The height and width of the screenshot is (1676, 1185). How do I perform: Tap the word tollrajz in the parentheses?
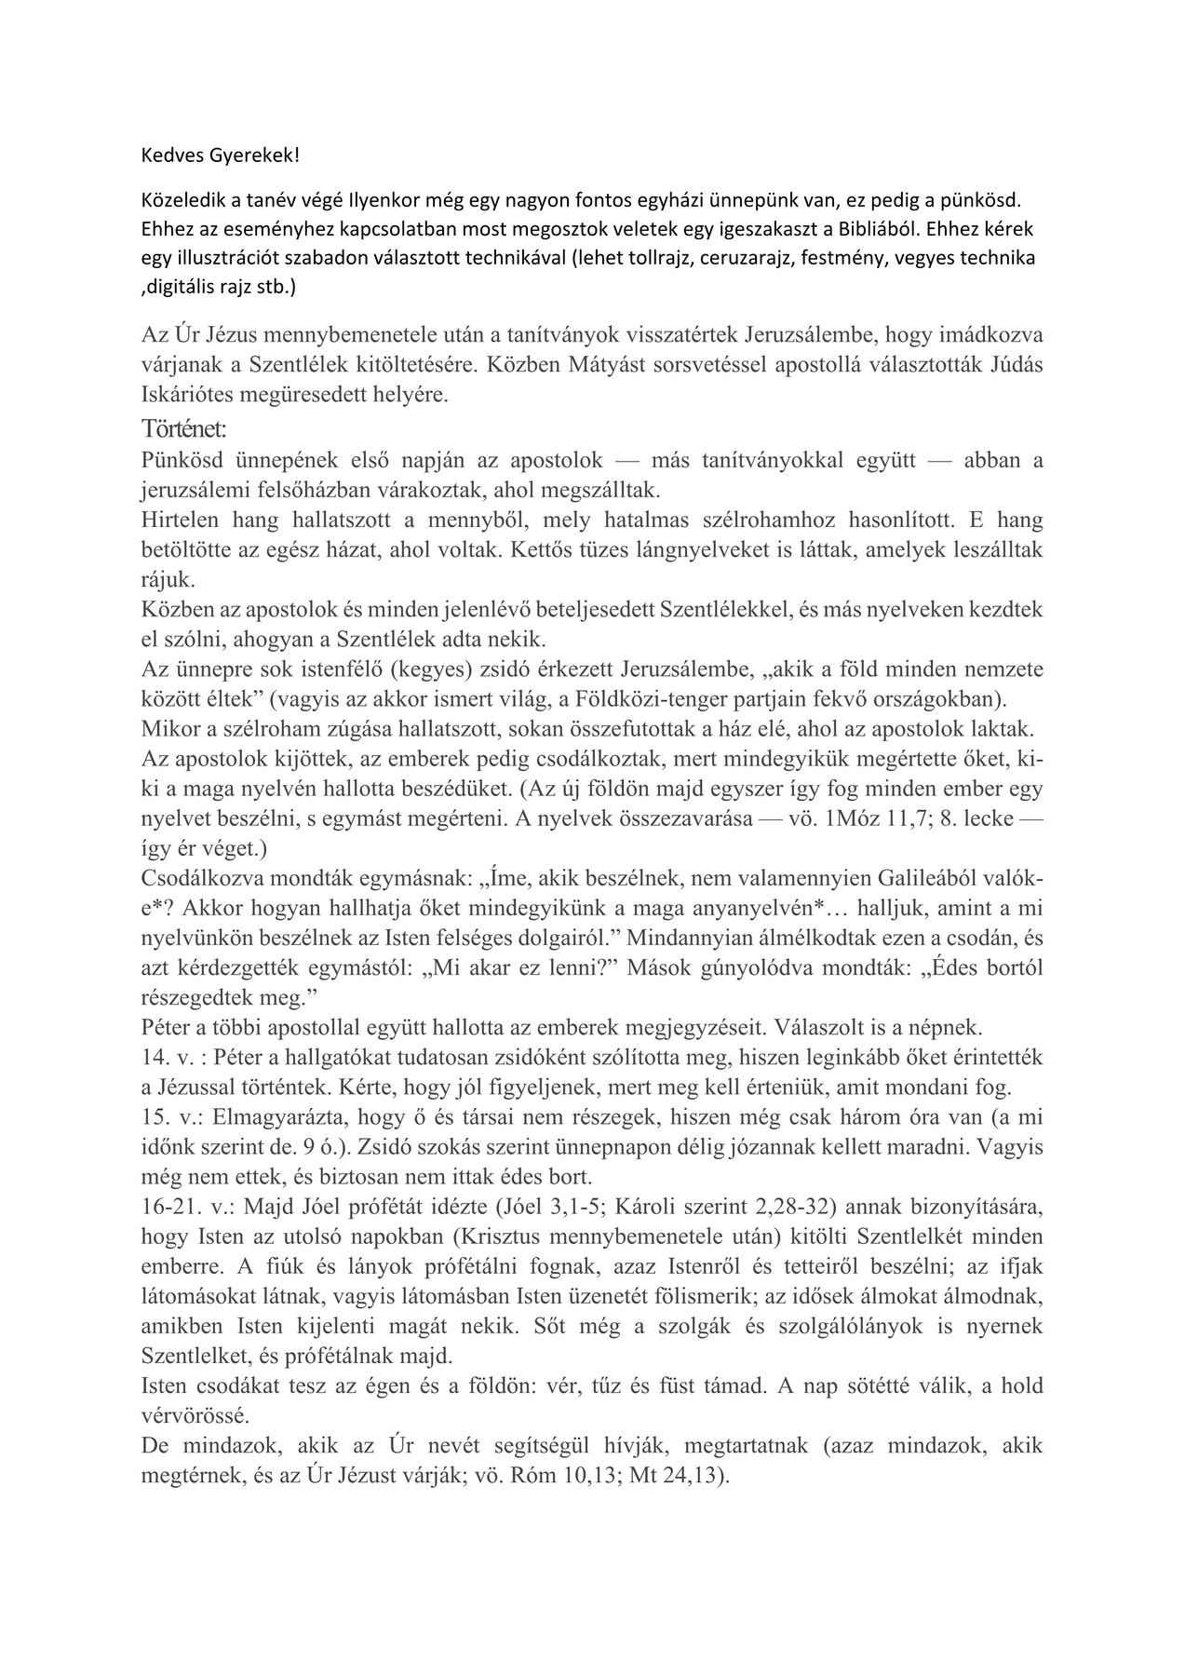pyautogui.click(x=652, y=258)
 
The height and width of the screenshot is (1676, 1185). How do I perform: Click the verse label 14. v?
pyautogui.click(x=168, y=1058)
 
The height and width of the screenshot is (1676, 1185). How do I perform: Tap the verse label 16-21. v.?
pyautogui.click(x=190, y=1207)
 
